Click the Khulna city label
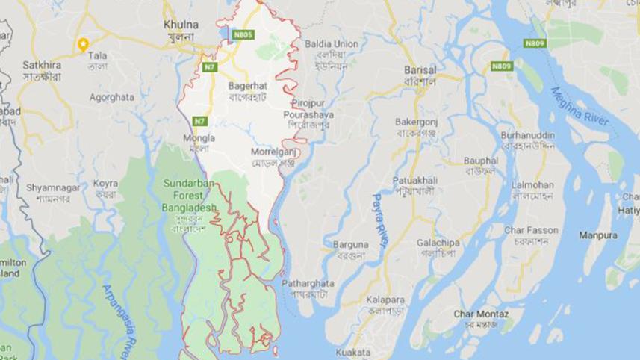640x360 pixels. (x=180, y=25)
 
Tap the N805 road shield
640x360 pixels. (x=243, y=34)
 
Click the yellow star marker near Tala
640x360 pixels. (x=84, y=43)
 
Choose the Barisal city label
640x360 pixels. (x=419, y=69)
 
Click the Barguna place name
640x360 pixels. (x=350, y=244)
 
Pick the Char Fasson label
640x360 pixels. (x=531, y=230)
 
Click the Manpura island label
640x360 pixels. (x=598, y=235)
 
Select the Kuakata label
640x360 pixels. (x=353, y=352)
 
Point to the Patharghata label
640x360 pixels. (x=308, y=284)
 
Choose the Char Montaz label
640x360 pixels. (x=481, y=314)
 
